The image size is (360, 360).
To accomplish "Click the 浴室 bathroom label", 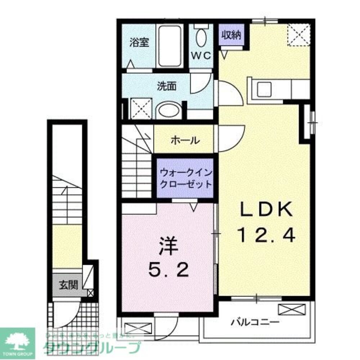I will pos(139,42).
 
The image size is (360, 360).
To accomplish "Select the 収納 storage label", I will pos(231,35).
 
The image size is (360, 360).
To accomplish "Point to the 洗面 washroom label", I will pos(166,86).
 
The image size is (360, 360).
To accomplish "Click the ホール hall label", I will pos(185,140).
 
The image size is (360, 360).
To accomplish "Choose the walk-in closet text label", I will pos(186,178).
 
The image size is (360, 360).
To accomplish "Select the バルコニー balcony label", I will pos(255,321).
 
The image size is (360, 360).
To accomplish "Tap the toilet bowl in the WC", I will pos(201,37).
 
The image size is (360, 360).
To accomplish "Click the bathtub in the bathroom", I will pos(169,46).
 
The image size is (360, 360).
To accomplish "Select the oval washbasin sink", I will pos(169,111).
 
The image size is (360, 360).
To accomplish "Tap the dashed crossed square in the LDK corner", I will pos(298,35).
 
